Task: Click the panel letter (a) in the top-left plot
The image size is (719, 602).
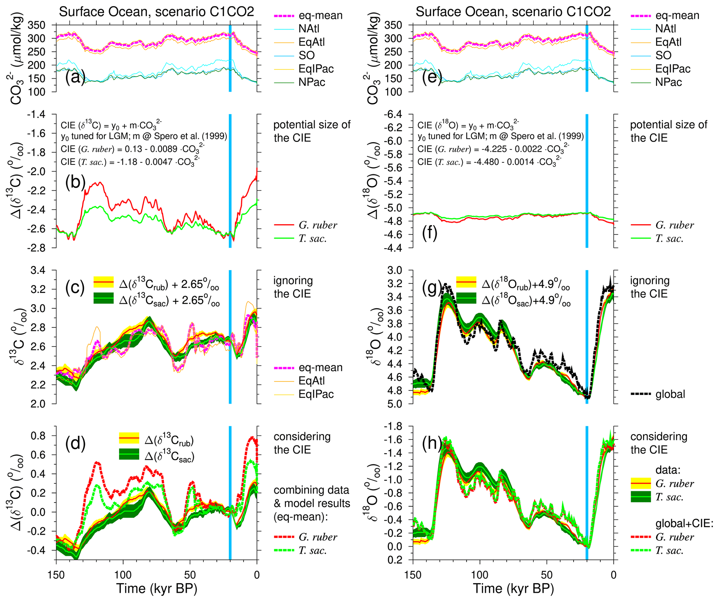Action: (75, 77)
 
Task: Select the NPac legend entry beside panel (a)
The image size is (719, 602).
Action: (312, 82)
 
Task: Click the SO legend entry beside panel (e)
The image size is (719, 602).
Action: (663, 55)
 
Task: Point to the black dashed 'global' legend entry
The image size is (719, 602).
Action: (670, 394)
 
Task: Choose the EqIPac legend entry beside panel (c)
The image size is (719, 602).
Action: (316, 394)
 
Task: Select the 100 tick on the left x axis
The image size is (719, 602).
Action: (123, 575)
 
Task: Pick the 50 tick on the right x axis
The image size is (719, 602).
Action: (547, 575)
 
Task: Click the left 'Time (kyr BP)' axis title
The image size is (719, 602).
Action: (157, 588)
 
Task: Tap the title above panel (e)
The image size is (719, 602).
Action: (513, 12)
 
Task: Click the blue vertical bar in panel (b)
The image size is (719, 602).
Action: (230, 181)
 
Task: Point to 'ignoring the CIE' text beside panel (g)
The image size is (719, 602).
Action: (649, 287)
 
